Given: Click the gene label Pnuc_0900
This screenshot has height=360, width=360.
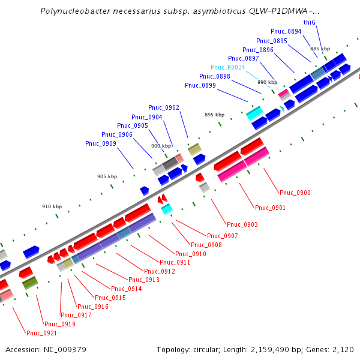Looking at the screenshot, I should tap(295, 193).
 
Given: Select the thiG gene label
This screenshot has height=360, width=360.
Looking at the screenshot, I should tap(310, 22).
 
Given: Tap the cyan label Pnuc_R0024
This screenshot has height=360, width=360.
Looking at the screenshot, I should tap(228, 67).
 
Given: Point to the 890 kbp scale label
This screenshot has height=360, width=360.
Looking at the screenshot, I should tap(268, 82).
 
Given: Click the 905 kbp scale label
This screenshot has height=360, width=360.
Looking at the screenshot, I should tap(107, 176).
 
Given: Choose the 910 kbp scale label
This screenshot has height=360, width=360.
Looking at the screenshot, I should tap(52, 206).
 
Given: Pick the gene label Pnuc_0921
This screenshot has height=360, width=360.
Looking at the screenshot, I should tap(41, 333).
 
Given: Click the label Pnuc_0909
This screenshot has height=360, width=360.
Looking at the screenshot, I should tap(101, 143).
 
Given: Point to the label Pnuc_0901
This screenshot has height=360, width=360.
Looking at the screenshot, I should tap(270, 208).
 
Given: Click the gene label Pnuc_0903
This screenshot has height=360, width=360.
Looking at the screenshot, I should tap(242, 224).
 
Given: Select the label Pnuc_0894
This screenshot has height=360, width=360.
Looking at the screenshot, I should tap(286, 31).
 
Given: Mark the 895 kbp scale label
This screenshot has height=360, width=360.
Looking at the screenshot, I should tap(214, 115).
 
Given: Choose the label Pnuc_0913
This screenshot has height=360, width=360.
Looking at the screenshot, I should tap(144, 280).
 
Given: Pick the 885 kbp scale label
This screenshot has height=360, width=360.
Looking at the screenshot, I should tap(320, 49).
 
